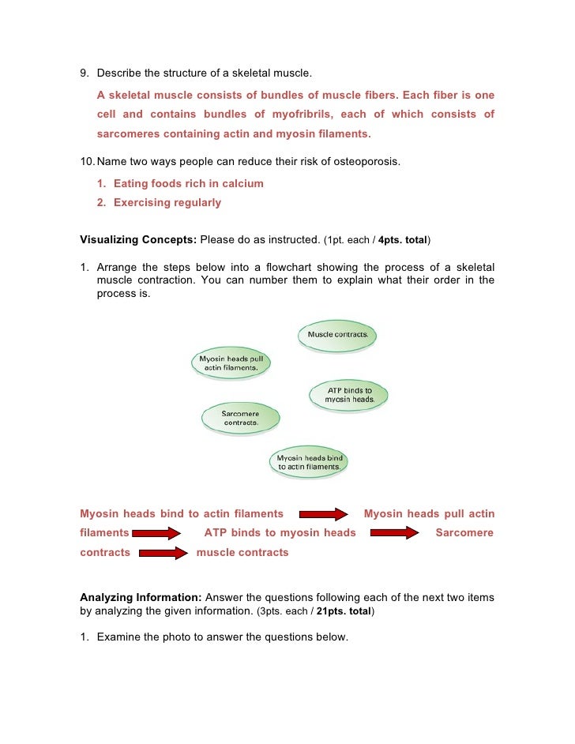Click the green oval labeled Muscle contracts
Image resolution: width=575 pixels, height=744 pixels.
click(337, 335)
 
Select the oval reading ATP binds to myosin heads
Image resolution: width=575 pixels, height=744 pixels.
click(349, 395)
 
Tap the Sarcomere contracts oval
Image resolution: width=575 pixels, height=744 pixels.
click(241, 418)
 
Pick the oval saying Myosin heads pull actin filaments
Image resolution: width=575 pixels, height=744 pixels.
click(230, 363)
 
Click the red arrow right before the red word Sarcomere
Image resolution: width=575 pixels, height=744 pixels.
click(394, 533)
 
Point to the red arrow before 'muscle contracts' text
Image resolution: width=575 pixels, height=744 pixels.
click(163, 553)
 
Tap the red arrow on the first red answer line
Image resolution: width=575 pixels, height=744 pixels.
click(322, 514)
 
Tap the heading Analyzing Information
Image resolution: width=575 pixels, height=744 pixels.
click(141, 598)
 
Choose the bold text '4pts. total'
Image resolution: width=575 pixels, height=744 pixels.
click(402, 239)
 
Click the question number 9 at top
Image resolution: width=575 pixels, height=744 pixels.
click(84, 75)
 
